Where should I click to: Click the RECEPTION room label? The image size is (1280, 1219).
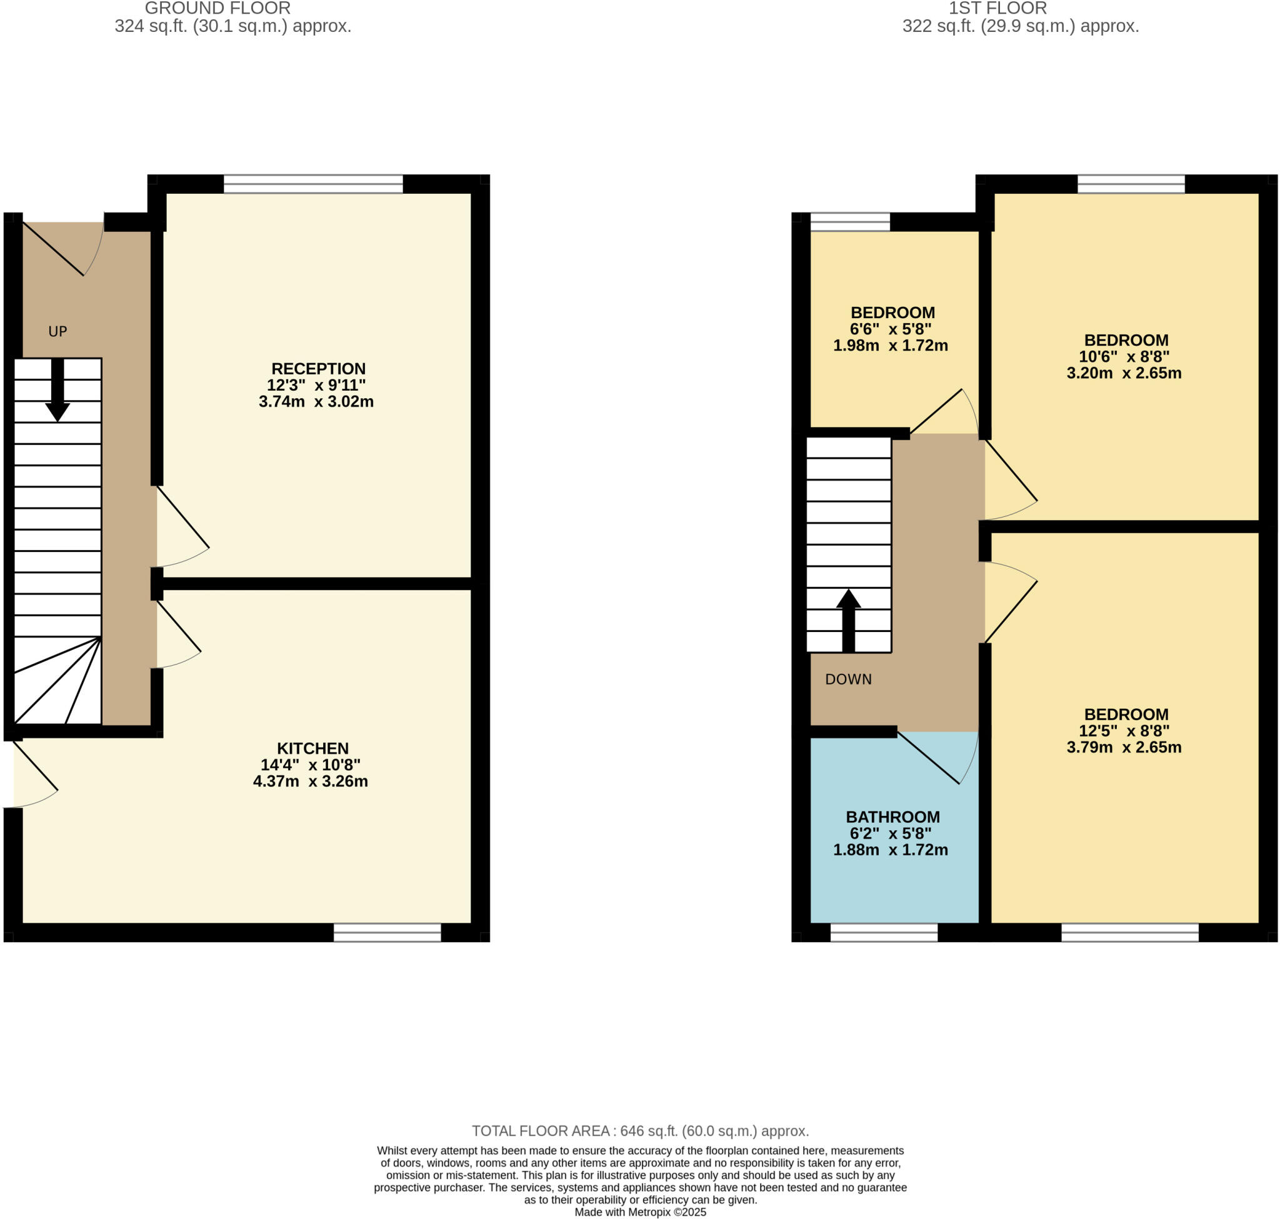click(x=317, y=368)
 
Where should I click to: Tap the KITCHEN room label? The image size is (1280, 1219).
click(x=312, y=748)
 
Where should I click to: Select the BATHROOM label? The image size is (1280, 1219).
click(x=892, y=817)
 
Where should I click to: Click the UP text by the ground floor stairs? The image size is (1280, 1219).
click(x=58, y=331)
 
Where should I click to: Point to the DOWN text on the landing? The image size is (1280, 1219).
click(x=848, y=679)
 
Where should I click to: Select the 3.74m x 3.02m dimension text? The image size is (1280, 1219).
click(x=316, y=401)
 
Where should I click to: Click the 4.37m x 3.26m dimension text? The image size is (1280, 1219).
click(x=311, y=781)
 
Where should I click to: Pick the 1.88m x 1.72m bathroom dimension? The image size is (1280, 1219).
click(x=890, y=850)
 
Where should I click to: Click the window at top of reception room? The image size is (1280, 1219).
click(x=313, y=184)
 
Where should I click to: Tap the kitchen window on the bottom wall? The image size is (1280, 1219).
click(x=387, y=933)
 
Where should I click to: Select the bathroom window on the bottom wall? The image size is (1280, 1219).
click(x=884, y=933)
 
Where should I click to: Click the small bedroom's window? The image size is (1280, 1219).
click(x=850, y=222)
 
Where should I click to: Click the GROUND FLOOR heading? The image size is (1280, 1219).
click(x=217, y=9)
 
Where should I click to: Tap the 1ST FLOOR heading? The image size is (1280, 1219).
click(x=998, y=9)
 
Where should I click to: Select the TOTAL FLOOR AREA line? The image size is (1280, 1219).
click(x=640, y=1131)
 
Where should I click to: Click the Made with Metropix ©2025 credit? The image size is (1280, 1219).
click(x=640, y=1213)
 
